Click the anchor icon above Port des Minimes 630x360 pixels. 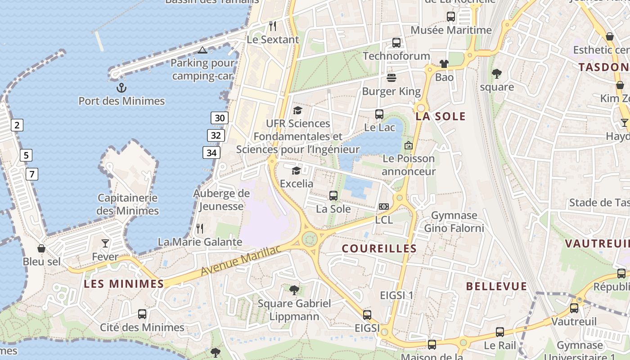click(x=121, y=87)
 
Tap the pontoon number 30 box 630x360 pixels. click(x=220, y=118)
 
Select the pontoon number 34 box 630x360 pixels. click(x=211, y=153)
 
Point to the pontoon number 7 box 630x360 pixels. click(x=31, y=174)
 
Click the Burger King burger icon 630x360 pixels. click(x=391, y=78)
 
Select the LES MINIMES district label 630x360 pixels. click(x=124, y=283)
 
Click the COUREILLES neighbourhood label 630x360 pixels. click(x=379, y=248)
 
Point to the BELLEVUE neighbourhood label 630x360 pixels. click(x=496, y=286)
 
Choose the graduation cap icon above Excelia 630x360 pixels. click(x=296, y=171)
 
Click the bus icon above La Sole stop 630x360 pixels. click(x=333, y=196)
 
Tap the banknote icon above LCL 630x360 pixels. click(x=384, y=207)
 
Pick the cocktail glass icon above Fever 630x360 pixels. click(x=105, y=243)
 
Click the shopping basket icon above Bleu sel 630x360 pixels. click(x=41, y=248)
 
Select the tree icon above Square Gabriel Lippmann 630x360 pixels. click(x=294, y=290)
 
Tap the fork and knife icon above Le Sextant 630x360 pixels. click(x=273, y=26)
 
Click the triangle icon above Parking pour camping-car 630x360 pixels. click(x=202, y=50)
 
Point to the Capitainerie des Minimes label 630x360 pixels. click(x=128, y=204)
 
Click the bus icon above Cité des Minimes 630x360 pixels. click(x=142, y=314)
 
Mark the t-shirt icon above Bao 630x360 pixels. click(x=444, y=64)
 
